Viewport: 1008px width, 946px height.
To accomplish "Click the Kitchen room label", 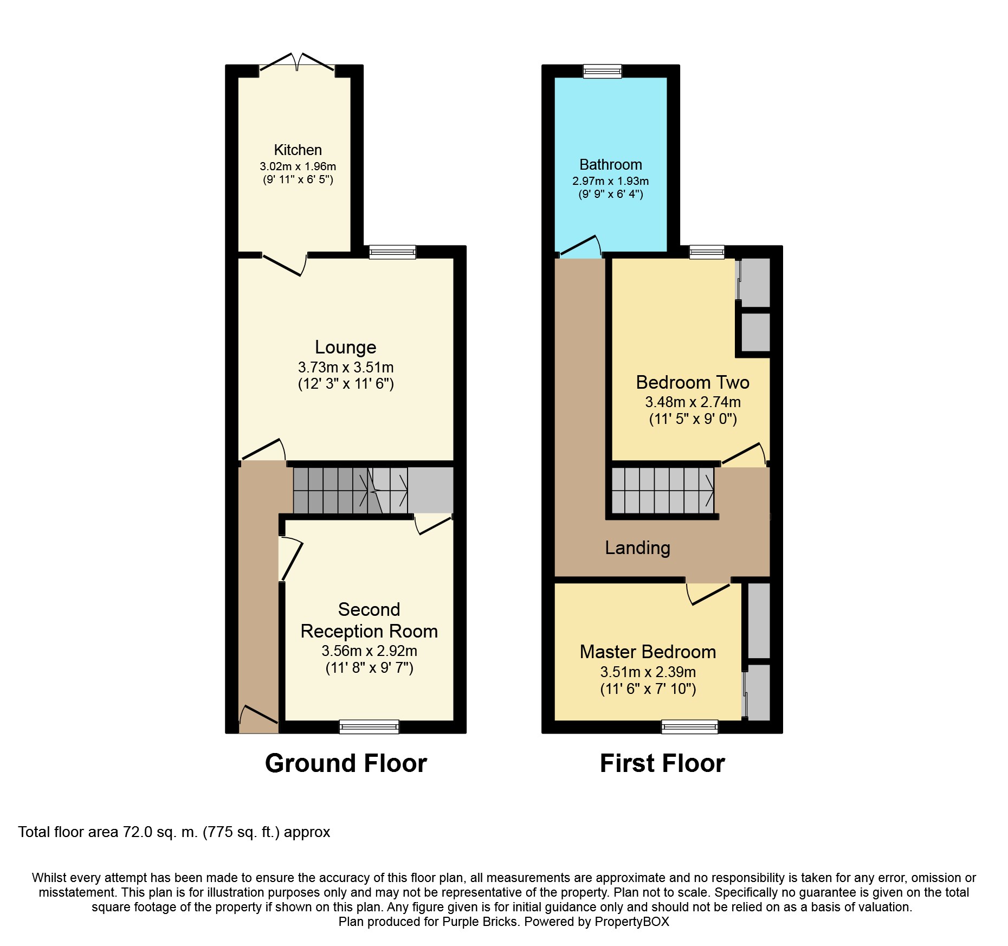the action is pos(298,150).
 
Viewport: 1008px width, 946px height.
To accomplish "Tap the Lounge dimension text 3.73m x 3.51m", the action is pos(346,367).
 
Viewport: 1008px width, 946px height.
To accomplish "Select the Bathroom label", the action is pos(611,164).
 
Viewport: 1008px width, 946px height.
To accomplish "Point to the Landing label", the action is pos(637,548).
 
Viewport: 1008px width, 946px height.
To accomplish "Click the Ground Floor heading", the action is pos(346,763).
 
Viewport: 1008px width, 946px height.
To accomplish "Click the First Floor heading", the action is pos(662,763).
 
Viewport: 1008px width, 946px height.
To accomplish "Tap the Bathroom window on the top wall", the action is pos(603,71).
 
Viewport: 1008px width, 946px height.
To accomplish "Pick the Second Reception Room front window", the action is pos(369,726).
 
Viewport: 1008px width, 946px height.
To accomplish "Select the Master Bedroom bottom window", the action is pos(690,726).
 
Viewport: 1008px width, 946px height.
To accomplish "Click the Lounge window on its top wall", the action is pos(392,252).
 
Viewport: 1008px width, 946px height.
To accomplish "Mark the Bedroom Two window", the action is pos(707,252).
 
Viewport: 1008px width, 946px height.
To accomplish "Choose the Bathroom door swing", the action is pos(580,246).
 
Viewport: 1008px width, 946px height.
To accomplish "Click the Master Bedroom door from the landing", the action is pos(708,593).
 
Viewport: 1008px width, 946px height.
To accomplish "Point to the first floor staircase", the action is pos(663,490).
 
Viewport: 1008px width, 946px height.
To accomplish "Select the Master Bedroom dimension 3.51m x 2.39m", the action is pos(648,672).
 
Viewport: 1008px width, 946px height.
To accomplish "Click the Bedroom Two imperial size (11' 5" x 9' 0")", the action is pos(693,419).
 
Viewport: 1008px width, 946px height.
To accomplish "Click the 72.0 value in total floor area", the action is pos(138,832).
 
